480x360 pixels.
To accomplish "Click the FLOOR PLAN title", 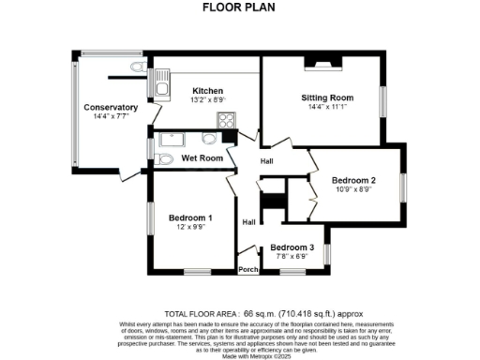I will (239, 7).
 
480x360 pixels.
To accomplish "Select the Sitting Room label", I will (326, 97).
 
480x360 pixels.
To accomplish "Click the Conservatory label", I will (111, 108).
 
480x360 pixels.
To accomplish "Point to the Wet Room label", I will (202, 158).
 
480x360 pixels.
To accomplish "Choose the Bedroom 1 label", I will (190, 217).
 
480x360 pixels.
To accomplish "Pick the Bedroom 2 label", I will (353, 180).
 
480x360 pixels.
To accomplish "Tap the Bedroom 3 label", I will (292, 247).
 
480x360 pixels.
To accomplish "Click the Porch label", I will (248, 270).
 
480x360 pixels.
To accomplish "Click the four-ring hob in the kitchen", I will (226, 119).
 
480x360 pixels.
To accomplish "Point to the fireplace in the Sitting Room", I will (313, 63).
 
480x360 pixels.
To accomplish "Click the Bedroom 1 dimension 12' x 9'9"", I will (190, 228).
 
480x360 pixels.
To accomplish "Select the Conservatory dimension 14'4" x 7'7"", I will (111, 118).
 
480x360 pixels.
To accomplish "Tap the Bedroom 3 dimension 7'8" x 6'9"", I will (292, 257).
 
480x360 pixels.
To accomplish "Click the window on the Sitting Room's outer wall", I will (382, 100).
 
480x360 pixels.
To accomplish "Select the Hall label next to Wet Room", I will (267, 161).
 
